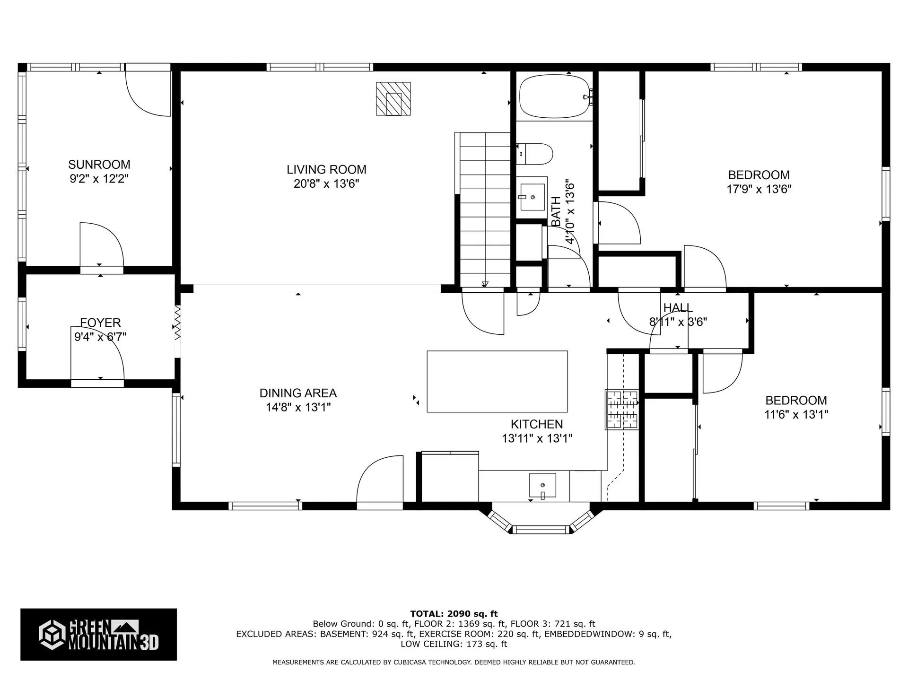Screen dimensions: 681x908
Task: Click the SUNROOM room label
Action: click(x=99, y=165)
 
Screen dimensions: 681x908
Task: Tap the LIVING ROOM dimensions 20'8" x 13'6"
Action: click(x=326, y=184)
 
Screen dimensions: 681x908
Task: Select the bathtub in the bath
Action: click(x=554, y=97)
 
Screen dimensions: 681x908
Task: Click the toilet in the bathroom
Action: click(x=535, y=154)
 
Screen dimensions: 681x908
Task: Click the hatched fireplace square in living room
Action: click(x=393, y=99)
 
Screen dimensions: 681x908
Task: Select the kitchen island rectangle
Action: click(x=497, y=381)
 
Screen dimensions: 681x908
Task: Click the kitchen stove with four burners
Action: click(x=622, y=410)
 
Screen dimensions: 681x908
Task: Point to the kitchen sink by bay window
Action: click(x=542, y=485)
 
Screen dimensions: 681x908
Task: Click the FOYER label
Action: click(x=100, y=323)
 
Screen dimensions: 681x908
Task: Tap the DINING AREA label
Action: click(x=298, y=393)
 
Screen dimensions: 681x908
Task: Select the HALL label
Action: click(x=678, y=308)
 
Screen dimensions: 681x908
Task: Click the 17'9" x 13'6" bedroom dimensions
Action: click(x=759, y=189)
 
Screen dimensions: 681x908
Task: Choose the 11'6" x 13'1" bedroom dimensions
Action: click(x=796, y=415)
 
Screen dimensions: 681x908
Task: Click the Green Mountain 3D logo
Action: click(x=98, y=634)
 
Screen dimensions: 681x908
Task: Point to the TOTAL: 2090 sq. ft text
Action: click(x=454, y=614)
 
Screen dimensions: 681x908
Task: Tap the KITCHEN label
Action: click(x=537, y=424)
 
